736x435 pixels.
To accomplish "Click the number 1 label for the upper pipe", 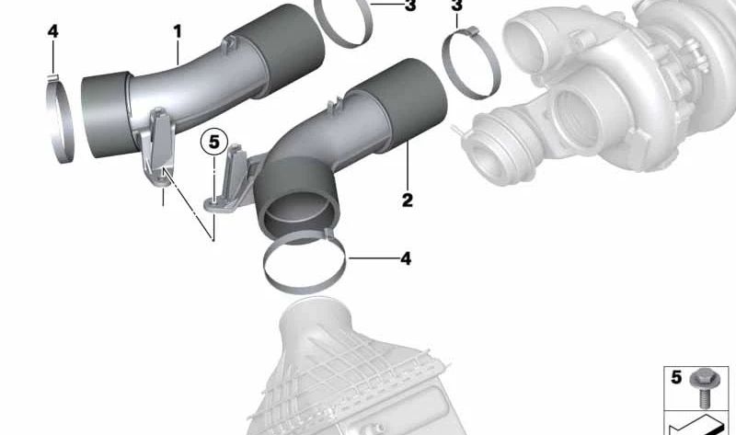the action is [177, 31].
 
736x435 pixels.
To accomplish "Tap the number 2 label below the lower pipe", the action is [408, 200].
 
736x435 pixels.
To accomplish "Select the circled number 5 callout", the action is [214, 142].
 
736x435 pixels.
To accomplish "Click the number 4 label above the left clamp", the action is [53, 31].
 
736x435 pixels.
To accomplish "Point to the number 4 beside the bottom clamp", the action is [406, 258].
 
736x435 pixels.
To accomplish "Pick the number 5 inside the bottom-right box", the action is [676, 377].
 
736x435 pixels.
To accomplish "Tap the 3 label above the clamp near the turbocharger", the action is [456, 6].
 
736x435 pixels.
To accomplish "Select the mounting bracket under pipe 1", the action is [158, 146].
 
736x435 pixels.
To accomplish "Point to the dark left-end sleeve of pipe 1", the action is [106, 114].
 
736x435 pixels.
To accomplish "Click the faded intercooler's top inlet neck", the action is [314, 319].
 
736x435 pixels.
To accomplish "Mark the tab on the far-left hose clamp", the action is [53, 77].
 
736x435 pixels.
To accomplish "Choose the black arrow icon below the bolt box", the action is [696, 426].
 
